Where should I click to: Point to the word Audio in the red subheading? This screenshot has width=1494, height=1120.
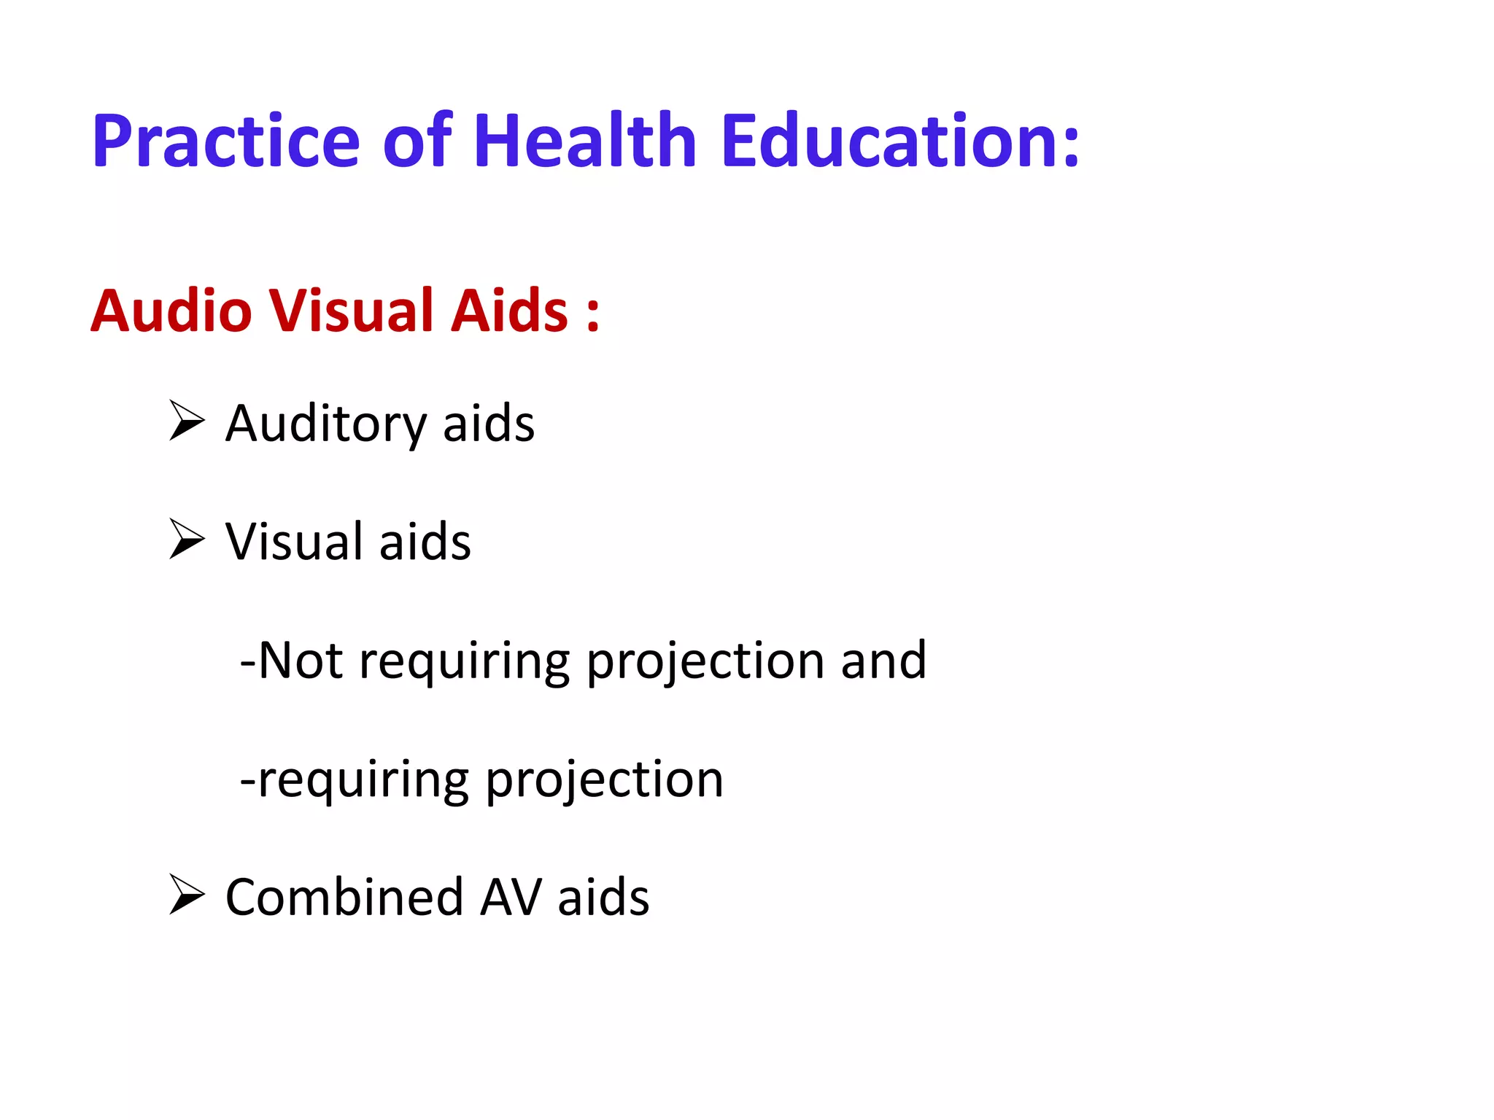click(171, 311)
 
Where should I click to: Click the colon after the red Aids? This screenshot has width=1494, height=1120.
click(592, 315)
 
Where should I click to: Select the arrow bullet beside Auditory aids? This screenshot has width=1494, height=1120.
click(186, 421)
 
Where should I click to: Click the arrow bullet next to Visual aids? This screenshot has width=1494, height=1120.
click(186, 539)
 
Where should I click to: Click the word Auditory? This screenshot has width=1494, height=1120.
click(325, 424)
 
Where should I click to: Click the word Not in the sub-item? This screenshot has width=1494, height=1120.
click(300, 661)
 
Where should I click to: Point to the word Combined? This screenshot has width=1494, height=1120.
click(344, 897)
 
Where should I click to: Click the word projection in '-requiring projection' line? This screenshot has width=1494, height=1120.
click(604, 780)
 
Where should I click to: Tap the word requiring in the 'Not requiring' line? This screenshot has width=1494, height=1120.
click(464, 662)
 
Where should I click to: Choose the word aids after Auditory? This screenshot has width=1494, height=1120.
click(489, 424)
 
